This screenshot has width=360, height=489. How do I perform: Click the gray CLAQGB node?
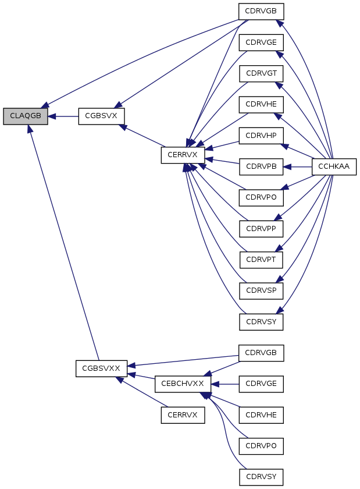click(x=26, y=116)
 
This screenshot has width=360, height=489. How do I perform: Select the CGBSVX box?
click(x=101, y=116)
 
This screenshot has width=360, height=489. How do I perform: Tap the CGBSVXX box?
click(x=101, y=368)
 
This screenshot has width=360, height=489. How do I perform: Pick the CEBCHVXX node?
click(x=183, y=384)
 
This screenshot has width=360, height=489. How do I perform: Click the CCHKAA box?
click(x=334, y=167)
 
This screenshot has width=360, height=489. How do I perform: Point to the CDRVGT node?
click(x=261, y=73)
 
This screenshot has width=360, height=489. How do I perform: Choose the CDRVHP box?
click(x=261, y=136)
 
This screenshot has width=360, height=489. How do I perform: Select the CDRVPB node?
click(x=261, y=167)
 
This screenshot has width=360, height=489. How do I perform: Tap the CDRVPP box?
click(x=261, y=229)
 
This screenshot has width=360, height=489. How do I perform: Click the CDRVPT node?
click(x=261, y=260)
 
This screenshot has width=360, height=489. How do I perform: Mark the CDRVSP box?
click(x=261, y=290)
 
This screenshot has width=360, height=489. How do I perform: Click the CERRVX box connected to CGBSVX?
click(x=183, y=155)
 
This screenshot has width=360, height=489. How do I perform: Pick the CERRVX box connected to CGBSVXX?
click(x=183, y=415)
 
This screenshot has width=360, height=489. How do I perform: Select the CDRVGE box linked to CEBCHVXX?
click(x=261, y=384)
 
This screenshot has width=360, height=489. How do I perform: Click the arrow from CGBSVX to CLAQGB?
click(x=63, y=116)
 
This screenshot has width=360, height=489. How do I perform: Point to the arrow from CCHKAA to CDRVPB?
click(x=298, y=167)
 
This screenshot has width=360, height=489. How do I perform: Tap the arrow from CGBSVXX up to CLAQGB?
click(x=63, y=243)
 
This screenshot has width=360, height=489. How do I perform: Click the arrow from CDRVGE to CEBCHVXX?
click(x=225, y=384)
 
